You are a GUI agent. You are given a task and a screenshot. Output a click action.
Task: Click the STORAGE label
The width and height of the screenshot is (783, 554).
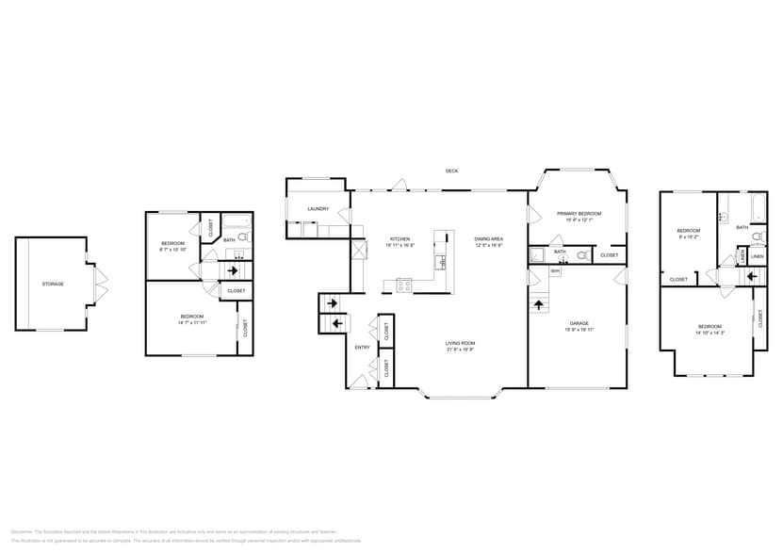click(53, 284)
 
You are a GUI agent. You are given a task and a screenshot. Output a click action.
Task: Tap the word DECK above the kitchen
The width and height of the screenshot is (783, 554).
click(452, 171)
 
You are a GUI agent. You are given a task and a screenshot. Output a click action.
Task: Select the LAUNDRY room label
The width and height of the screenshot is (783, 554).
click(318, 209)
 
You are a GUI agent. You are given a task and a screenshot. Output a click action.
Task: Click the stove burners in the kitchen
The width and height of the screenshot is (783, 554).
click(403, 284)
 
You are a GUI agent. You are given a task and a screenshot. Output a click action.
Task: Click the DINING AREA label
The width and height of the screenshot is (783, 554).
click(488, 239)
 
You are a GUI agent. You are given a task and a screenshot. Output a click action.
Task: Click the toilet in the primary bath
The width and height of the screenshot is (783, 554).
click(582, 255)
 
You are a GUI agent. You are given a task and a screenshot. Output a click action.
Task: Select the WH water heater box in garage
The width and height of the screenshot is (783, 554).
click(555, 272)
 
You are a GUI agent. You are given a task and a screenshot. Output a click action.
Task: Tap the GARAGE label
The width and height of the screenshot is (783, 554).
click(579, 323)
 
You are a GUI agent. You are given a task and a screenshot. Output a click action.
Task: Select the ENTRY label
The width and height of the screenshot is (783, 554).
click(363, 348)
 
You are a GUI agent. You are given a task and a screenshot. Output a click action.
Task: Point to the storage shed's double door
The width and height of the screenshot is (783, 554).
click(101, 282)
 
